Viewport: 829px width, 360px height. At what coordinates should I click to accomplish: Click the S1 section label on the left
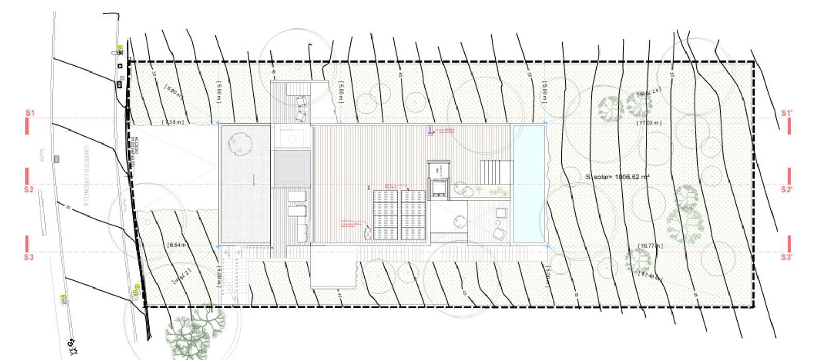[x=30, y=113]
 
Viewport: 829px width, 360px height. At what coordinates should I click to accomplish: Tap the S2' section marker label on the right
[x=787, y=190]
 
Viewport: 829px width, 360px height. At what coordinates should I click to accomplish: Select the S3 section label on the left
[x=29, y=257]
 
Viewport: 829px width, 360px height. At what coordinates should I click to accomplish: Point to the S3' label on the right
[x=787, y=257]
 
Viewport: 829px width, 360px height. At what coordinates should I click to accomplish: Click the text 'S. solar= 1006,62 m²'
[x=618, y=177]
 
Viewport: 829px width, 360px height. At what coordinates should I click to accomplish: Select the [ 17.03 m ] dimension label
[x=649, y=123]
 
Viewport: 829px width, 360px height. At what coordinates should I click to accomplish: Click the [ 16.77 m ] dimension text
[x=650, y=246]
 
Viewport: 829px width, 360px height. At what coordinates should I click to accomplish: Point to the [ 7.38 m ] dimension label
[x=173, y=122]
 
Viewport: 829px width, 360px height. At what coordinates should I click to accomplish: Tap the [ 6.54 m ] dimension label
[x=178, y=245]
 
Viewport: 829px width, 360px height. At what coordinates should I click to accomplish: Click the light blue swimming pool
[x=528, y=184]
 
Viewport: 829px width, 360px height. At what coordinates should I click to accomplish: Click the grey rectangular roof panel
[x=291, y=167]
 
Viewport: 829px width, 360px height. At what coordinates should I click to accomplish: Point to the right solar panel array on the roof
[x=413, y=214]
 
